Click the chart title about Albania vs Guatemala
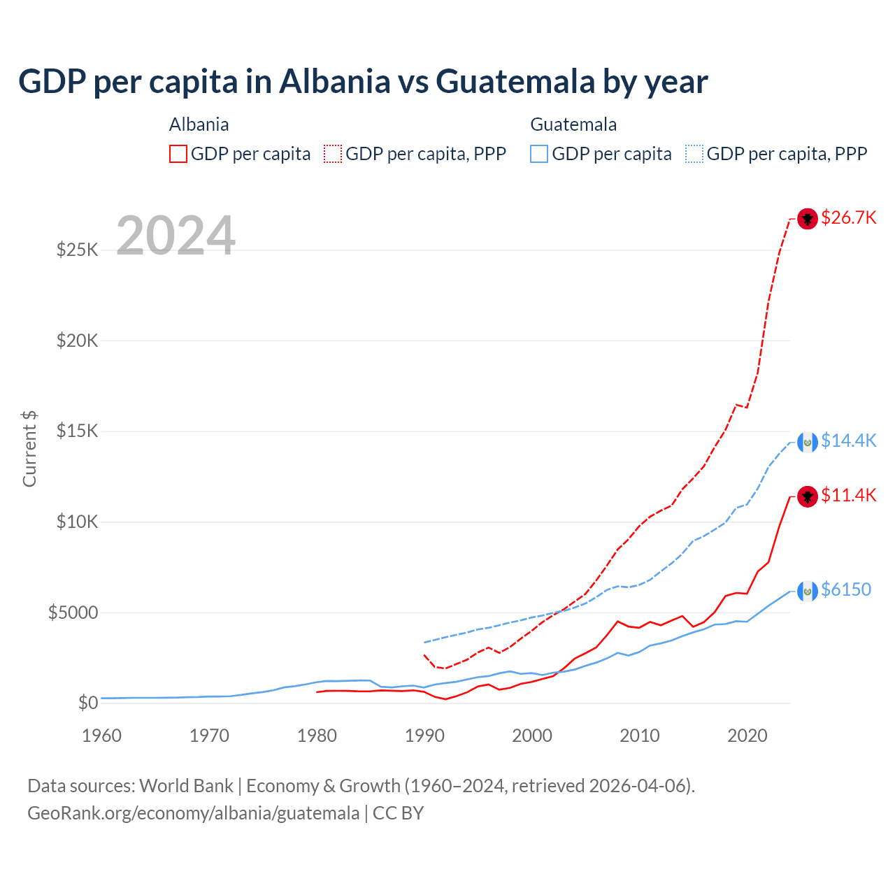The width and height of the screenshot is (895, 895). [363, 82]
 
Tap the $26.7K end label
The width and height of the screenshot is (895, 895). [848, 217]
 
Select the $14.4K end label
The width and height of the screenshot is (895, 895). [848, 441]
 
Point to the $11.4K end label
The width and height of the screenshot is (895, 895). [848, 495]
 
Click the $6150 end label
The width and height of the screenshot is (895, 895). [845, 589]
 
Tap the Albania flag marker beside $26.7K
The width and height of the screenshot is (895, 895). [808, 219]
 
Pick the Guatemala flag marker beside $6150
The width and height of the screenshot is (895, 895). [808, 592]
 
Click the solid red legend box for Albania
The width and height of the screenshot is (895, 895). [178, 154]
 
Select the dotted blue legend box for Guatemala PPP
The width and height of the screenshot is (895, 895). [694, 154]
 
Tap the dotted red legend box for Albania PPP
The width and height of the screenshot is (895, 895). [333, 154]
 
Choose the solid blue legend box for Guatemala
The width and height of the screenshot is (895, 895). [539, 154]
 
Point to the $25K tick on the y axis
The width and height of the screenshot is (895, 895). [78, 250]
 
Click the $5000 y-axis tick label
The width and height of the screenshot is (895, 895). [73, 613]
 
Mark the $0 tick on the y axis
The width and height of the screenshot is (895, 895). [88, 703]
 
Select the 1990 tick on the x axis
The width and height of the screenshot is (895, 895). [424, 736]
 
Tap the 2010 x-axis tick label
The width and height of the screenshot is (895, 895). [640, 736]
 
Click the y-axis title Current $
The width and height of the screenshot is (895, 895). [29, 449]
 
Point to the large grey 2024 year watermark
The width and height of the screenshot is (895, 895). [176, 236]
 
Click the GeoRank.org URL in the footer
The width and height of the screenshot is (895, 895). [193, 813]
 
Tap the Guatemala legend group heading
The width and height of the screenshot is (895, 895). [573, 124]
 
